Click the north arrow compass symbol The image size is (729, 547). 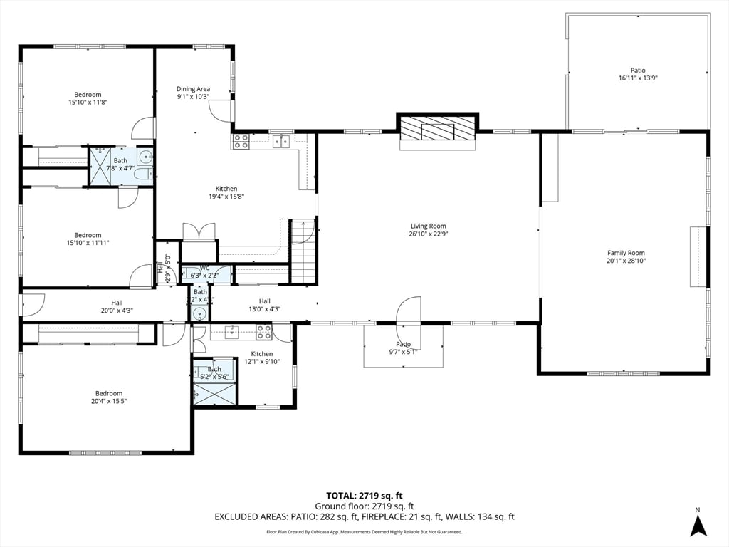coord(698,525)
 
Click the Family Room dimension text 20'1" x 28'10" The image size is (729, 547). coord(625,261)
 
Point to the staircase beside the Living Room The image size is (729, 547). coord(303,251)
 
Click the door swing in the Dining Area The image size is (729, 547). coord(221,110)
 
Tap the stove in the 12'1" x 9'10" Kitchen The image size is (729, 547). coord(263,331)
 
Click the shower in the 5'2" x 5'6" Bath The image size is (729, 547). coord(214,392)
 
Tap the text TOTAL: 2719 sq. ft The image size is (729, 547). coord(364,496)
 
